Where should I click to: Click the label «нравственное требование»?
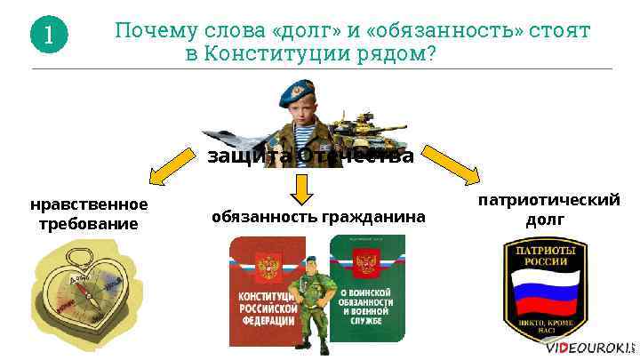(x=89, y=214)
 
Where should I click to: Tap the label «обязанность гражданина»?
(x=318, y=217)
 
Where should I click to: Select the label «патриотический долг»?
(x=548, y=209)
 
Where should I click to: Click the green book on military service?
(x=366, y=289)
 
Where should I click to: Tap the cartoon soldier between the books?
(x=312, y=298)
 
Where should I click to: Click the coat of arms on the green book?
(x=365, y=264)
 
